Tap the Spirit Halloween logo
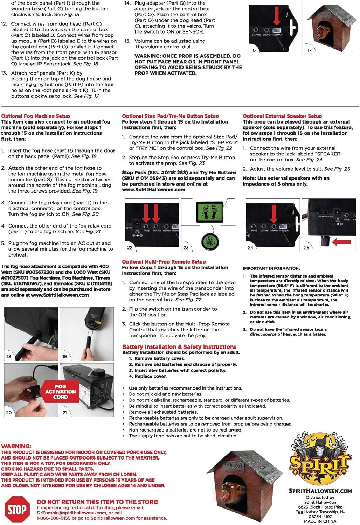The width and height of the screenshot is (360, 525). pyautogui.click(x=320, y=458)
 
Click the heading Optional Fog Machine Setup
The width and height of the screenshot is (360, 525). pyautogui.click(x=35, y=116)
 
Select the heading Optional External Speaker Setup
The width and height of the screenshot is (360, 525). pyautogui.click(x=282, y=116)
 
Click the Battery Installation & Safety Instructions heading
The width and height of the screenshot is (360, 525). pyautogui.click(x=179, y=346)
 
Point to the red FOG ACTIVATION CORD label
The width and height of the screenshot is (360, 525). pyautogui.click(x=60, y=392)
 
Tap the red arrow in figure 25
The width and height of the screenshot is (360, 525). pyautogui.click(x=341, y=241)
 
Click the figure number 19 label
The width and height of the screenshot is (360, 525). pyautogui.click(x=64, y=356)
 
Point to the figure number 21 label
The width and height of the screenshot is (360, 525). pyautogui.click(x=64, y=413)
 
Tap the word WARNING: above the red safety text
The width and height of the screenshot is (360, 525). pyautogui.click(x=16, y=446)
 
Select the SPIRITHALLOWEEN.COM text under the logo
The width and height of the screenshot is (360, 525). pyautogui.click(x=320, y=491)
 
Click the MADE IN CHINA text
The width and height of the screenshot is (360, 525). pyautogui.click(x=320, y=521)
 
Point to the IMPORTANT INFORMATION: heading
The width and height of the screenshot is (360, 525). pyautogui.click(x=271, y=268)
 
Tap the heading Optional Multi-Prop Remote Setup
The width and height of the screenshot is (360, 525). pyautogui.click(x=164, y=262)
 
